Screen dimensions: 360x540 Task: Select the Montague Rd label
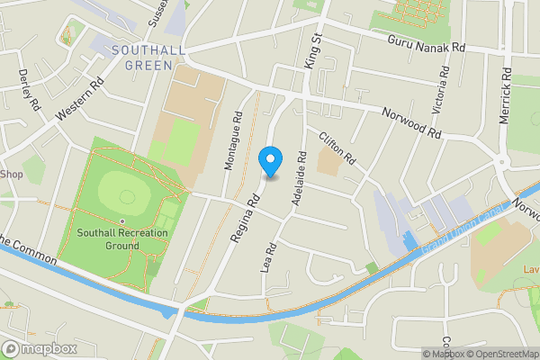[x=232, y=141]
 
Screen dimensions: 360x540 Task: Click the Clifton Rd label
[x=338, y=149]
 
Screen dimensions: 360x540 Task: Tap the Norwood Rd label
[x=412, y=122]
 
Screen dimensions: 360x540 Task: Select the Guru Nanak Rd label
[x=426, y=43]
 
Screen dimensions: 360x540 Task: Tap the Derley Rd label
[x=30, y=91]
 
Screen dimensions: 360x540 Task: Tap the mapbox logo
[x=40, y=348]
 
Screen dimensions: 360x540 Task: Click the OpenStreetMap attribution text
[x=500, y=354]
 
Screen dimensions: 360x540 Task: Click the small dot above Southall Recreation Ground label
[x=121, y=221]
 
